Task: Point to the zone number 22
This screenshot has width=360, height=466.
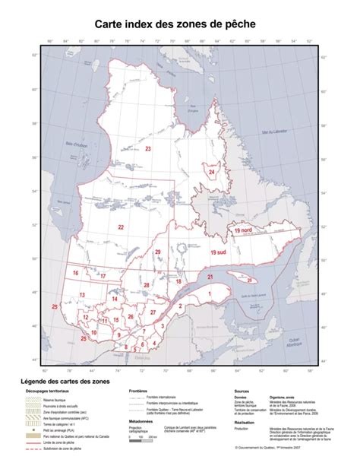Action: pyautogui.click(x=121, y=227)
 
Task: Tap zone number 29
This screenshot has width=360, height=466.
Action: pyautogui.click(x=158, y=252)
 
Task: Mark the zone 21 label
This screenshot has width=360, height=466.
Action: pyautogui.click(x=210, y=278)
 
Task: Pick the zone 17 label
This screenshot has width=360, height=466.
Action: pyautogui.click(x=103, y=277)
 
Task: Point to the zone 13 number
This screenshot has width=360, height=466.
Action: pyautogui.click(x=81, y=293)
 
